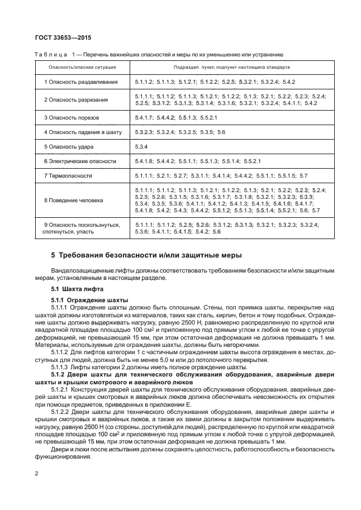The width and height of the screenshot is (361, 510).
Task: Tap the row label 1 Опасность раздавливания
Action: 81,82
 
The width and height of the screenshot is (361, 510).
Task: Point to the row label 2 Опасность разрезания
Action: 76,100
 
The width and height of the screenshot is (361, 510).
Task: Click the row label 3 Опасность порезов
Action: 72,118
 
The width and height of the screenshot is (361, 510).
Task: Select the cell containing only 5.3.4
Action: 141,147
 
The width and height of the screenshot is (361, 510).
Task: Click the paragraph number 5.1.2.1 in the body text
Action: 60,388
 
